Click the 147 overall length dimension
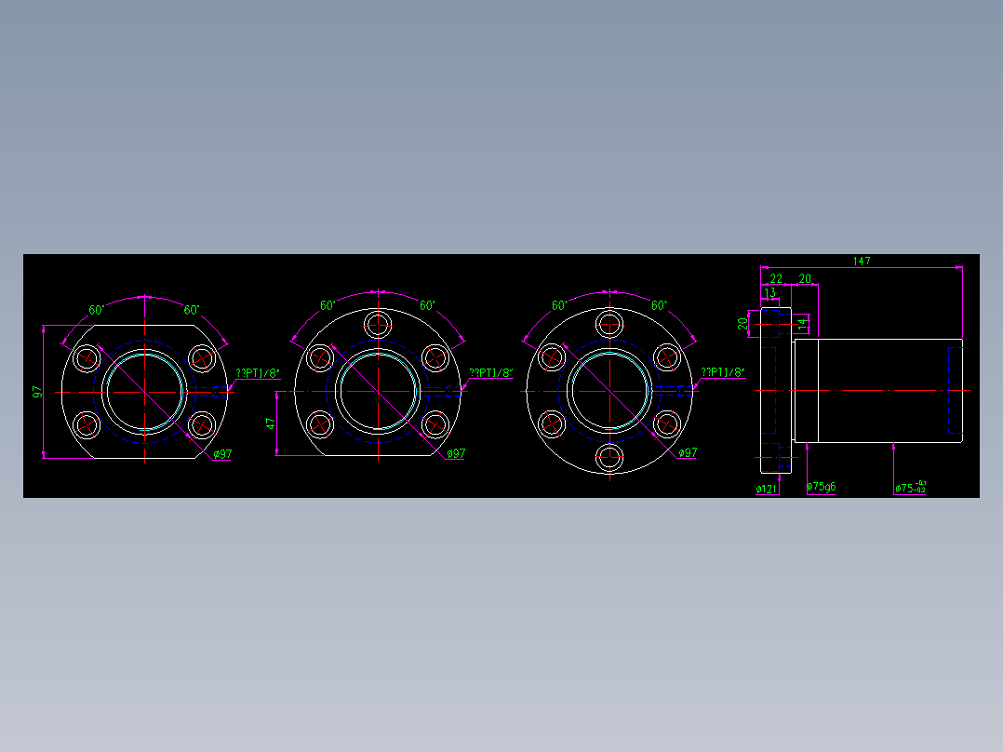tap(862, 262)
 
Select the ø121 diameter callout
tap(767, 488)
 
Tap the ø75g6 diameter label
tap(821, 486)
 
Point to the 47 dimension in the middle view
tap(271, 423)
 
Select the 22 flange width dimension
tap(776, 278)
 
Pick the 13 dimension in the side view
tap(769, 292)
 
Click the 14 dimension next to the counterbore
tap(802, 322)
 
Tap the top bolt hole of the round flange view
tap(610, 325)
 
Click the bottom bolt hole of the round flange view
tap(610, 457)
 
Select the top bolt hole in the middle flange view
tap(378, 325)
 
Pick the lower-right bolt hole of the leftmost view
tap(202, 425)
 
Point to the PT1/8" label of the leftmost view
tap(258, 373)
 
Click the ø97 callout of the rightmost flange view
tap(688, 452)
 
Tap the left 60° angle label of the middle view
tap(328, 305)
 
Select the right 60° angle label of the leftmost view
tap(191, 310)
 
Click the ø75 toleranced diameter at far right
tap(909, 487)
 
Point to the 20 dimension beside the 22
tap(805, 278)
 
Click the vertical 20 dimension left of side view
tap(742, 323)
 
